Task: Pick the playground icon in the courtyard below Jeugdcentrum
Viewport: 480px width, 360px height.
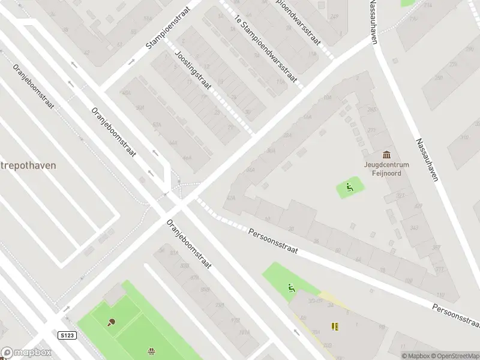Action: pyautogui.click(x=349, y=188)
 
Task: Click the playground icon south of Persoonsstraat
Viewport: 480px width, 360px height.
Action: pyautogui.click(x=292, y=289)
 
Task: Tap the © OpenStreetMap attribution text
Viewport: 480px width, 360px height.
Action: pyautogui.click(x=454, y=356)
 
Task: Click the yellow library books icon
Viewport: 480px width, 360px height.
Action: pyautogui.click(x=335, y=327)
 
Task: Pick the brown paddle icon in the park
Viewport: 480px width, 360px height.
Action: pyautogui.click(x=112, y=322)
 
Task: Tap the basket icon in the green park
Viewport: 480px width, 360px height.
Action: pyautogui.click(x=151, y=352)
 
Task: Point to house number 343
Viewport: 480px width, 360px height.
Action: pyautogui.click(x=413, y=229)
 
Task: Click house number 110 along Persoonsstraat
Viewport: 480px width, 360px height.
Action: pyautogui.click(x=440, y=295)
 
